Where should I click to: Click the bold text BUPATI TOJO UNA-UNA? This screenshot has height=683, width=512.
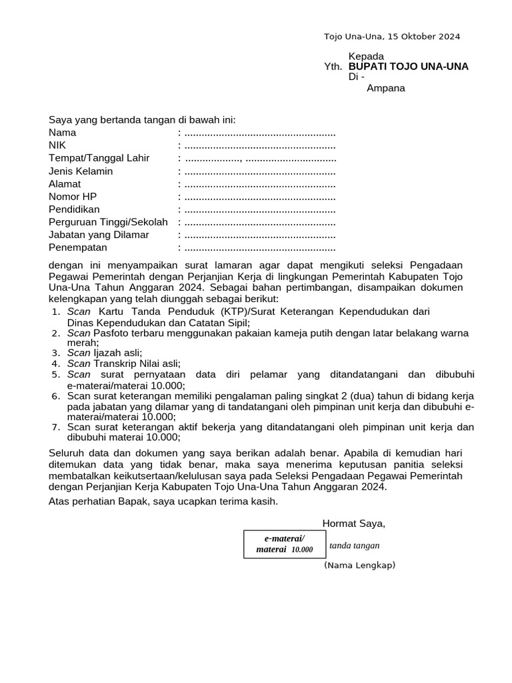[x=408, y=67]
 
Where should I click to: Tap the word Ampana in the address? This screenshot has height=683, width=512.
[x=386, y=88]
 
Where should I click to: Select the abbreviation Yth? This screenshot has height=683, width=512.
[x=333, y=67]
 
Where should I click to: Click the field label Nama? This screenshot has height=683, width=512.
[x=63, y=133]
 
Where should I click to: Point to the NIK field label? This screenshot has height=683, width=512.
[x=57, y=145]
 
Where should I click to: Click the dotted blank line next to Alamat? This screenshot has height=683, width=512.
[x=259, y=184]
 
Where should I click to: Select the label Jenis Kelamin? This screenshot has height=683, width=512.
[x=81, y=171]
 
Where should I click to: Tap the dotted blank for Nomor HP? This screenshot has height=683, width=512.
[x=259, y=197]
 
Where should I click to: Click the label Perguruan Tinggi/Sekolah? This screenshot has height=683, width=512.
[x=108, y=222]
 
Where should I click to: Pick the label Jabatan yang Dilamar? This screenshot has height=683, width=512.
[x=99, y=235]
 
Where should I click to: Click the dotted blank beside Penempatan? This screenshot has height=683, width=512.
[x=259, y=248]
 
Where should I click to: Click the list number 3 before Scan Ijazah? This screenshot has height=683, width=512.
[x=55, y=353]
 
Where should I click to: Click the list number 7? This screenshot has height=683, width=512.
[x=55, y=427]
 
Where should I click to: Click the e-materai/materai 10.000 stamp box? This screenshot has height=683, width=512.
[x=284, y=544]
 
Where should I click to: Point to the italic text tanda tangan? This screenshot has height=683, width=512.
[x=354, y=546]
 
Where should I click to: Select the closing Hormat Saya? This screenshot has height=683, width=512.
[x=353, y=524]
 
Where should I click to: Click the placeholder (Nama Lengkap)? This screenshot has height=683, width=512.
[x=359, y=566]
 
